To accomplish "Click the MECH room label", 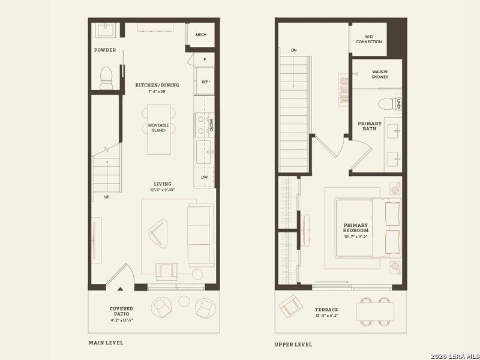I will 201,35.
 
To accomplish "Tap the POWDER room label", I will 105,50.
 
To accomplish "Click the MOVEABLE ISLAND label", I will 160,128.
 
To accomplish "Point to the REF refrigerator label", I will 205,82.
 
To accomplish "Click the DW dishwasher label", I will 205,177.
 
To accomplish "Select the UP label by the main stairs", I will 107,197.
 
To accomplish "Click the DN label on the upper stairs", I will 294,50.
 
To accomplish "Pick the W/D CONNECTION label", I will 368,39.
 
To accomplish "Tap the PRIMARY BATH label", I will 370,127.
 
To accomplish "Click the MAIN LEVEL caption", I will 106,343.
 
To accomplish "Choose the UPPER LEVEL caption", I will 293,344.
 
